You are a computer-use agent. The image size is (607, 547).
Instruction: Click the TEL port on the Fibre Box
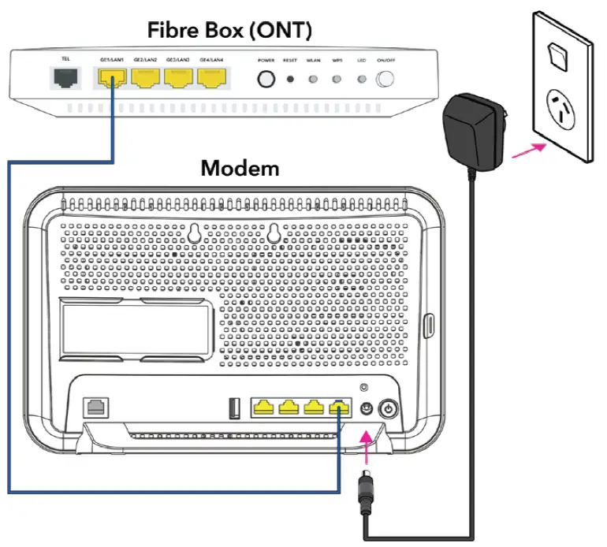tap(63, 78)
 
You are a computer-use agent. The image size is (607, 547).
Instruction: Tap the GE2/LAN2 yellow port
tap(147, 77)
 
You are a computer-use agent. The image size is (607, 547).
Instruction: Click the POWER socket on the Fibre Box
tap(266, 80)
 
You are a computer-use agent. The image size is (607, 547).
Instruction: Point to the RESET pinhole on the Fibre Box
tap(290, 80)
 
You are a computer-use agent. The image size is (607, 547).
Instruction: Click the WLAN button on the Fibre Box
tap(314, 80)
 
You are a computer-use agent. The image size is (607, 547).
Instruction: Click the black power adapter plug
tap(472, 130)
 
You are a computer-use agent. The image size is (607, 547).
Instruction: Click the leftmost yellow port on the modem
tap(264, 407)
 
